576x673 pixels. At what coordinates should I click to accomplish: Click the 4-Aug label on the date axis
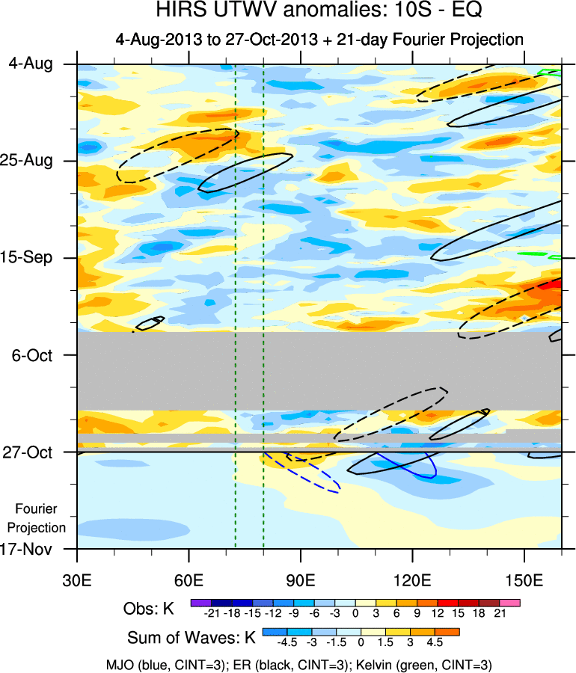(x=31, y=64)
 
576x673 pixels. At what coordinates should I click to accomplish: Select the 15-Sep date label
(x=31, y=257)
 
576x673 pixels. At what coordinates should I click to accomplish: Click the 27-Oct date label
(x=31, y=452)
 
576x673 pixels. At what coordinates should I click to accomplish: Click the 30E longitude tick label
(x=77, y=580)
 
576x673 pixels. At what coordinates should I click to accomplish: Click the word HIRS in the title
(x=180, y=10)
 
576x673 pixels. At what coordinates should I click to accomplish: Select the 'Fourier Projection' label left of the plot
(x=42, y=518)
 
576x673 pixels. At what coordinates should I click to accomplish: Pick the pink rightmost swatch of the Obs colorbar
(x=511, y=601)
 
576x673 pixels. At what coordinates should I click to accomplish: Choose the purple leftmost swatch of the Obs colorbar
(x=200, y=601)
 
